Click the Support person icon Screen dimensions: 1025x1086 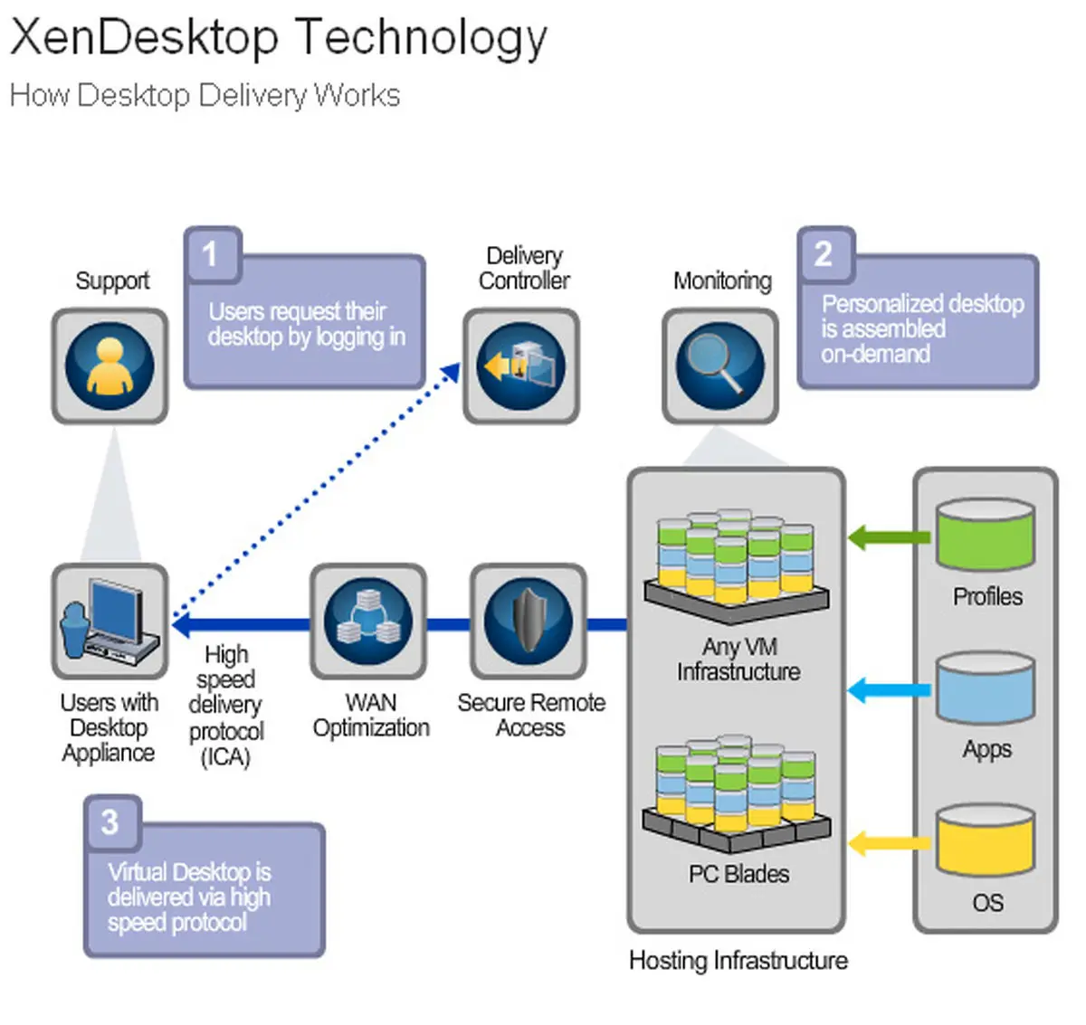(x=110, y=366)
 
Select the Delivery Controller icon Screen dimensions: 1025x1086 (x=521, y=366)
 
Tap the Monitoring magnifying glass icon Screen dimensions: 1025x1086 (x=720, y=366)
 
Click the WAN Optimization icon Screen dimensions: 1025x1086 (x=368, y=622)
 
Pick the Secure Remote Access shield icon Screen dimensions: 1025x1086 (x=529, y=622)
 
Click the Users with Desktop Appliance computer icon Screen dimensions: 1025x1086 (x=110, y=622)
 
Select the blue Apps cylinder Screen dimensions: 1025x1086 (x=985, y=688)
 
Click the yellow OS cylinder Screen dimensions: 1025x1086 (x=985, y=841)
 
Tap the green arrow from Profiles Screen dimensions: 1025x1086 (x=888, y=538)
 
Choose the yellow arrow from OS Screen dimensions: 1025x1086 (x=888, y=844)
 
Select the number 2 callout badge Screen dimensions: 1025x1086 (x=824, y=254)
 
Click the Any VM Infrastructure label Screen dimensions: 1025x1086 (x=738, y=660)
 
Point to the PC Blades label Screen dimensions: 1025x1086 (x=738, y=874)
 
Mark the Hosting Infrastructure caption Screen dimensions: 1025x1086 (x=738, y=960)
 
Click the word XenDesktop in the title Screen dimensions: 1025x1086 (x=144, y=38)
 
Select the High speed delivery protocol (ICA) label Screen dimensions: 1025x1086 (x=226, y=705)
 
